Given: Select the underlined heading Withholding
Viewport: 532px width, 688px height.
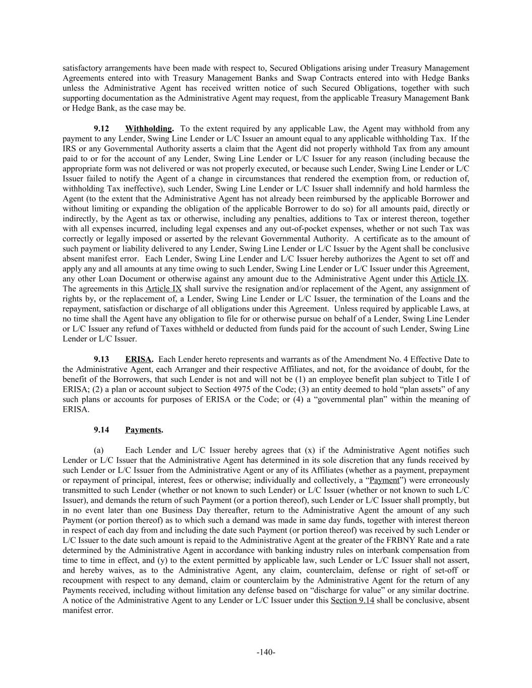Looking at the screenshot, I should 149,129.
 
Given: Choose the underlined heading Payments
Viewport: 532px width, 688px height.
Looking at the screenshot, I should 143,430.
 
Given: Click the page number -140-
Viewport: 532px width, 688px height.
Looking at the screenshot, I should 266,652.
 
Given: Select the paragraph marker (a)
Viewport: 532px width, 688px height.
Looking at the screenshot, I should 99,450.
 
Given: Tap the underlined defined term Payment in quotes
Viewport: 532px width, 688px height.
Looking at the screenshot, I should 384,480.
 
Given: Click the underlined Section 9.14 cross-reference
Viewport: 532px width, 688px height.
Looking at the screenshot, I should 352,600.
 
